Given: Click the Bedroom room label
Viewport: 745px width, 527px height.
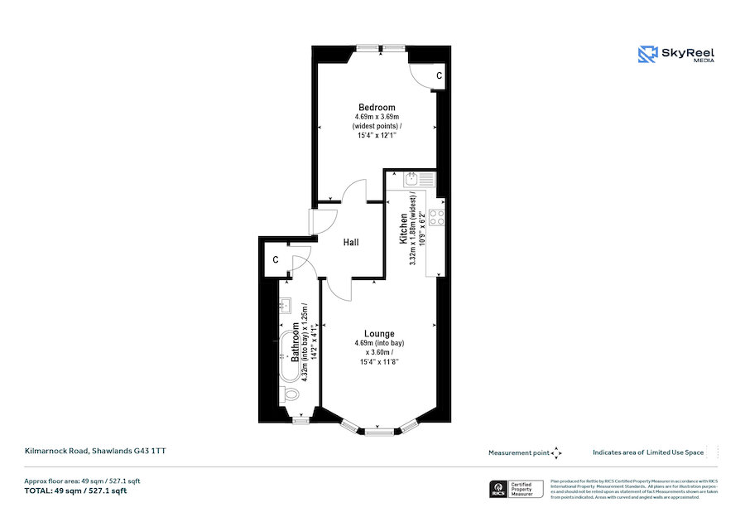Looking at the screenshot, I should click(376, 107).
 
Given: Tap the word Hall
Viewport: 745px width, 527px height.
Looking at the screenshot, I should click(351, 242).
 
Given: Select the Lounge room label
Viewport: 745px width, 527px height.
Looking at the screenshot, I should click(380, 333).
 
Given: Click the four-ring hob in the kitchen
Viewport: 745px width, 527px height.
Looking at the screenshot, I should click(435, 216).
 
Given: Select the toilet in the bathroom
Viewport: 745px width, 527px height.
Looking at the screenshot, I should click(289, 394).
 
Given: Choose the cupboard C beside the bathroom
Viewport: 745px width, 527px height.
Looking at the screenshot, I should click(274, 260).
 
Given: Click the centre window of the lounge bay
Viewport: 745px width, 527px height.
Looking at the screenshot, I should click(380, 432).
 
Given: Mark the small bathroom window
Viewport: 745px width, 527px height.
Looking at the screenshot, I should click(301, 421).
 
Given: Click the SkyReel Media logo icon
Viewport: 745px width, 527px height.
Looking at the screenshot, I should click(646, 55).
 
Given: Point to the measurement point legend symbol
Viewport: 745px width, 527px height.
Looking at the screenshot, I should click(556, 452).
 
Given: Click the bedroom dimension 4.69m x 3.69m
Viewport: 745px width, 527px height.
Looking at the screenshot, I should click(376, 117).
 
